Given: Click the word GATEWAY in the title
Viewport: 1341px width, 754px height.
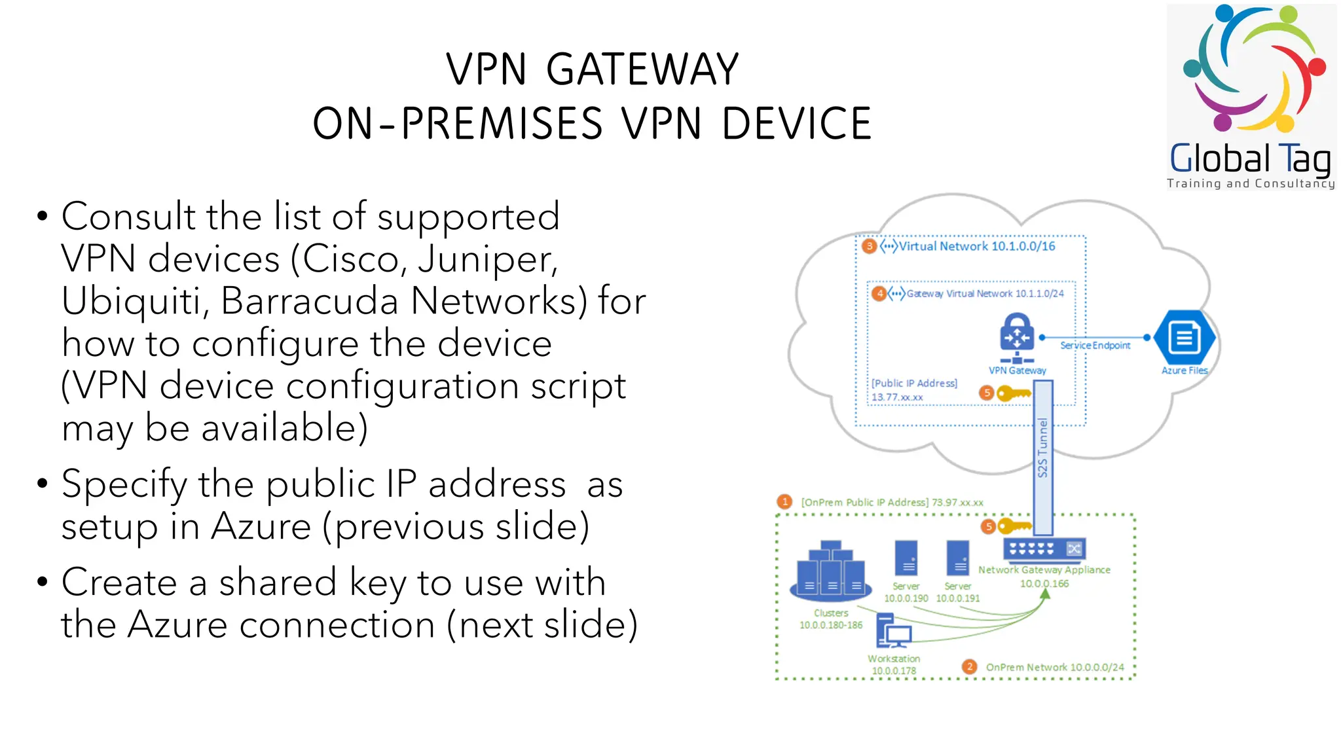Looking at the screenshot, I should tap(642, 69).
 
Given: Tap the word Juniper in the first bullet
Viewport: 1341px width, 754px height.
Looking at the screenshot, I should tap(487, 259).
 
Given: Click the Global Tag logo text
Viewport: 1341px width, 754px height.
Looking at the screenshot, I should tap(1250, 159).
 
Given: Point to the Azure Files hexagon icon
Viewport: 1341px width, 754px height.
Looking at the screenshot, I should tap(1184, 338).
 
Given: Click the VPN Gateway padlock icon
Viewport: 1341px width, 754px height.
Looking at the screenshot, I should tap(1016, 333).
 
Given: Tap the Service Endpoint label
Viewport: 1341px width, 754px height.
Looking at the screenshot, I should tap(1095, 346).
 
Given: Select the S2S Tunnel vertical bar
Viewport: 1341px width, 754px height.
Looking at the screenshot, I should tap(1043, 452).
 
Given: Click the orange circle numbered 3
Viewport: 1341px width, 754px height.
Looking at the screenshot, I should tap(869, 246).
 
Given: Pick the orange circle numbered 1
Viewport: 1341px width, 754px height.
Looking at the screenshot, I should tap(784, 502).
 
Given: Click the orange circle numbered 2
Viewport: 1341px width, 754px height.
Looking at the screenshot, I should tap(969, 666).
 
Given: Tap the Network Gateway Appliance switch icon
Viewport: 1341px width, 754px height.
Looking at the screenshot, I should tap(1044, 548).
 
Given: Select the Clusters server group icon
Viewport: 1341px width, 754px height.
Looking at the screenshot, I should tap(830, 572).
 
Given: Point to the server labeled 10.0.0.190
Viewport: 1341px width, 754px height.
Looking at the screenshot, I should tap(906, 558).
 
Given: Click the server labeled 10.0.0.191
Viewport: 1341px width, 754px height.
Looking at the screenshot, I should tap(958, 558).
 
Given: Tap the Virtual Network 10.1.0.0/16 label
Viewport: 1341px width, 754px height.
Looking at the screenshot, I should tap(976, 246).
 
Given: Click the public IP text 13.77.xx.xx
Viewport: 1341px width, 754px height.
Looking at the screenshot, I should tap(896, 397).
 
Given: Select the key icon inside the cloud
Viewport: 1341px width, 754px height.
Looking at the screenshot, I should tap(1013, 393).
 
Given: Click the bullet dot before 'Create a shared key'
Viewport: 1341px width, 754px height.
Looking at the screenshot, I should tap(43, 582).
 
